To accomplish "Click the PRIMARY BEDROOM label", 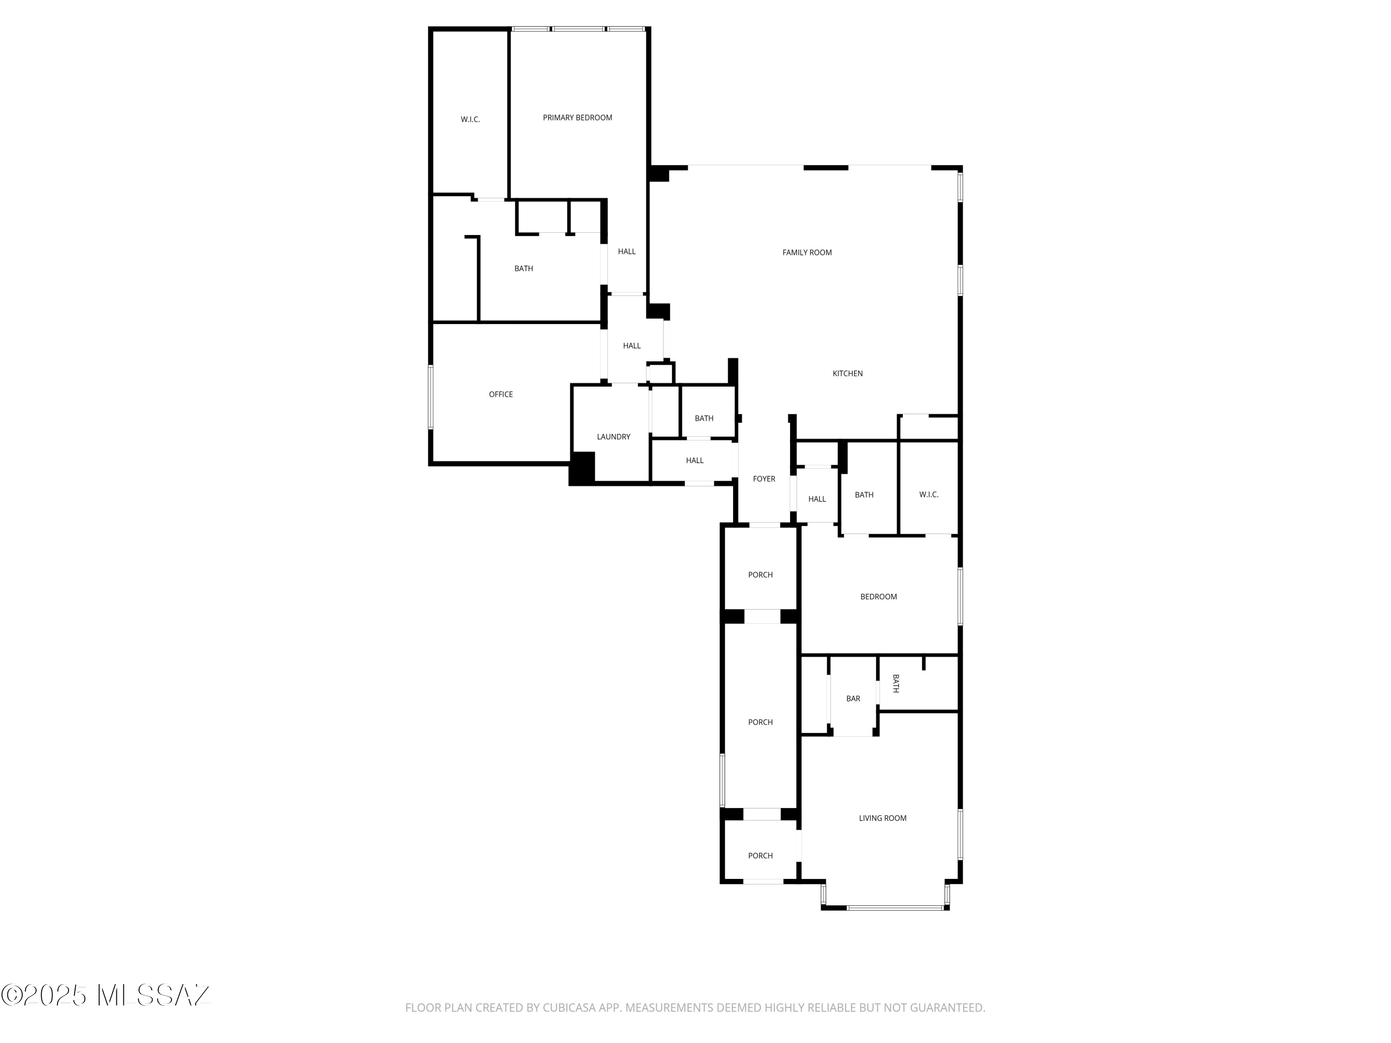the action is tap(577, 118).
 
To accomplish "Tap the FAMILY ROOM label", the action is tap(807, 253).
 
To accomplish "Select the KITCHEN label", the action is tap(848, 374).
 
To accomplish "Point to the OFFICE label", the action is tap(501, 394).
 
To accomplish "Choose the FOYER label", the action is tap(764, 479).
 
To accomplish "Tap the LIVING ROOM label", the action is tap(882, 818).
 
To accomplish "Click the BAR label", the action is tap(853, 699).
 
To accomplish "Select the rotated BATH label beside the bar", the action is tap(895, 683).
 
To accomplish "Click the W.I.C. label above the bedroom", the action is tap(929, 495).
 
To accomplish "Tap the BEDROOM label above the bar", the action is tap(879, 597).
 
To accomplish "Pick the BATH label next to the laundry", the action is tap(704, 419).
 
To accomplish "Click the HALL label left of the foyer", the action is tap(694, 460).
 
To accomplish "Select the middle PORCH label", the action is tap(760, 722).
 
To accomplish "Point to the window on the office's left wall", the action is tap(431, 397).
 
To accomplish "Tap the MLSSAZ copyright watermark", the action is tap(106, 995).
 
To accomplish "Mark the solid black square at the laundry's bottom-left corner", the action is tap(582, 468).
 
